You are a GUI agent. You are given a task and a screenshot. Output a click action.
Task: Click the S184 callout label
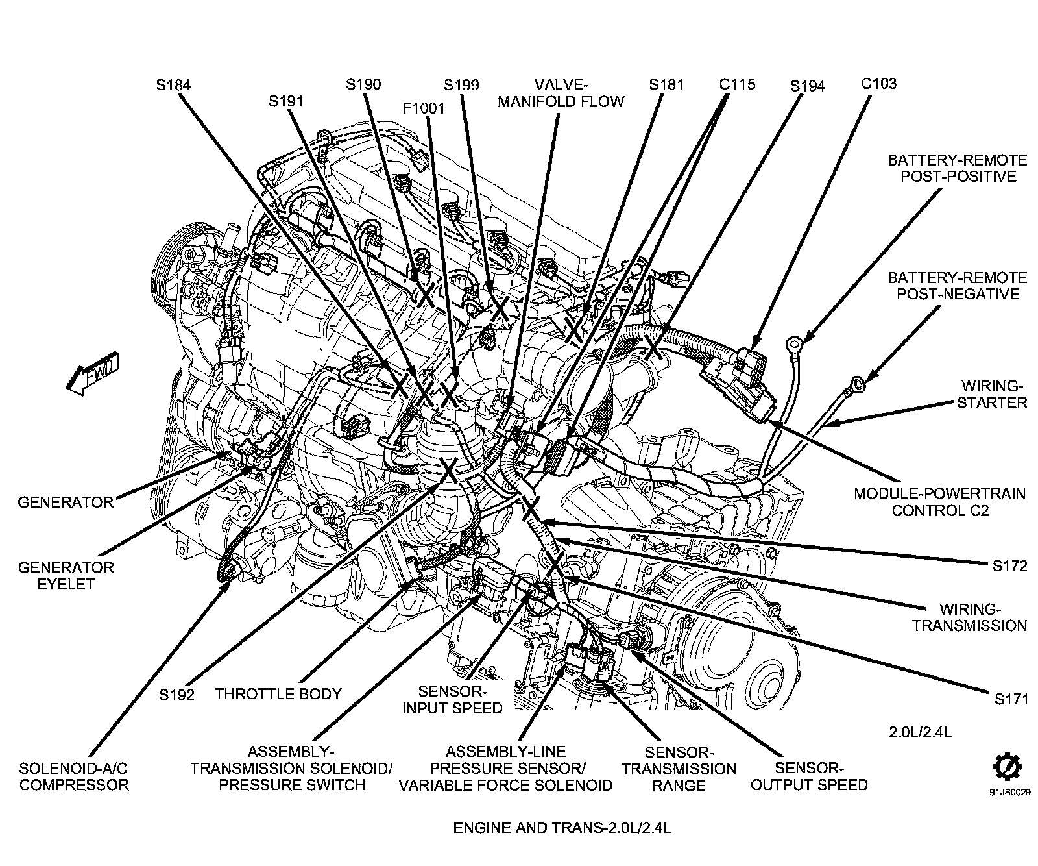(173, 84)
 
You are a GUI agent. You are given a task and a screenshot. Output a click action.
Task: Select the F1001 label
(424, 108)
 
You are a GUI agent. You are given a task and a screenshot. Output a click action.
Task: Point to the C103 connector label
(878, 83)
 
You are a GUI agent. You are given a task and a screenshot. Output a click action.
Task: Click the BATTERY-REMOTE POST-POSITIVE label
(957, 168)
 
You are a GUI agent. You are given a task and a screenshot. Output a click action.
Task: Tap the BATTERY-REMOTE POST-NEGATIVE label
(957, 286)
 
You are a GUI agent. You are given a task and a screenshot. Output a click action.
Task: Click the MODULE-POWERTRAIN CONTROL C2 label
(939, 502)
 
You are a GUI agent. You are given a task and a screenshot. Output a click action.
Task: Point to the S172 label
(1009, 566)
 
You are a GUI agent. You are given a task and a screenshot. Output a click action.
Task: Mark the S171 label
(1011, 699)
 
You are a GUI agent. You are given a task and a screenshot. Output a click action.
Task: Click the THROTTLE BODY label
(278, 693)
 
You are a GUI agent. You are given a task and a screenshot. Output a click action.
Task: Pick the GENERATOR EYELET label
(66, 575)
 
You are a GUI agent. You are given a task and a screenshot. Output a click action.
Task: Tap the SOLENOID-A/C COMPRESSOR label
(73, 776)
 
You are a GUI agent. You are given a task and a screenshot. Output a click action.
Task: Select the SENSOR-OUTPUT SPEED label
(809, 776)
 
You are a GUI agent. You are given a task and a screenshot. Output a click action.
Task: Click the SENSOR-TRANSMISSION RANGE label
(679, 769)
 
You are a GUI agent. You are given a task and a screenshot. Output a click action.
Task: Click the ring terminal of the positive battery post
(793, 342)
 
